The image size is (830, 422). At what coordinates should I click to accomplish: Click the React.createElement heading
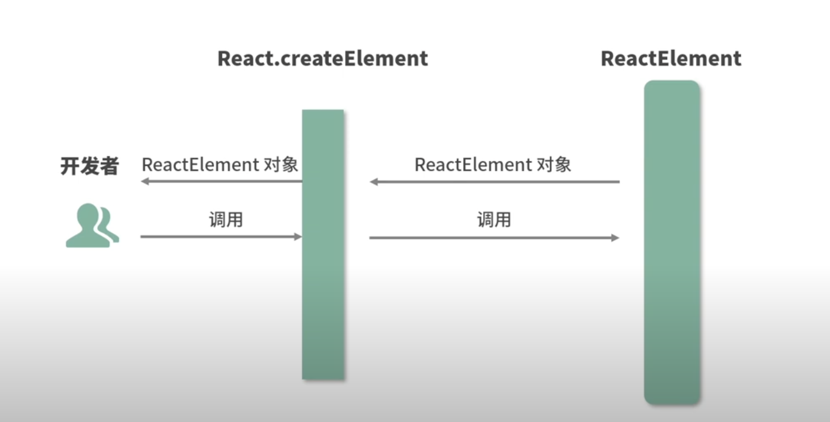point(323,58)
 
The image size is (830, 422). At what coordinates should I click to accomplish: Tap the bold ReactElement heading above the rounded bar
point(671,58)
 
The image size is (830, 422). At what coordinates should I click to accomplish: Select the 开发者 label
point(89,165)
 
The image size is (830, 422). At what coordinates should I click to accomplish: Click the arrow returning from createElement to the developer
point(221,181)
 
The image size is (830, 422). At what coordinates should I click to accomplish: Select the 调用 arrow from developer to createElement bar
point(221,237)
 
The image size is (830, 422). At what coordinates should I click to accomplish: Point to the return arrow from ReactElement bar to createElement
point(495,182)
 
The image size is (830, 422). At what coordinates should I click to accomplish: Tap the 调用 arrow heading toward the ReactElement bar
point(494,237)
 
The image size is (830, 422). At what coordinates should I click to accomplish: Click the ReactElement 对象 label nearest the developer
point(220,165)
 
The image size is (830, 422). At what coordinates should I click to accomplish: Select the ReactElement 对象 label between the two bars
point(493,165)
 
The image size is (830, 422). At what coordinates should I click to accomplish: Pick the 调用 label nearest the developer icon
point(226,220)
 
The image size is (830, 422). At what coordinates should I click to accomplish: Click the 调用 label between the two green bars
point(493,220)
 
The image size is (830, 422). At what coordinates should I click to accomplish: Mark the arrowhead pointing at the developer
point(144,181)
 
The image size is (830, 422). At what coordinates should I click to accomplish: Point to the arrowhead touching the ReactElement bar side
point(616,237)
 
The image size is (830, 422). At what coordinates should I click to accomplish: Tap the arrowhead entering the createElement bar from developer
point(298,237)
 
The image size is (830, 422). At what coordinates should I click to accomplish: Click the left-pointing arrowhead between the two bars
point(374,182)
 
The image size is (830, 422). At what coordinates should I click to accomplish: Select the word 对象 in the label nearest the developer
point(281,165)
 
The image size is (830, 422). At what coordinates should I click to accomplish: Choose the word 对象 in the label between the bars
point(554,165)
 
